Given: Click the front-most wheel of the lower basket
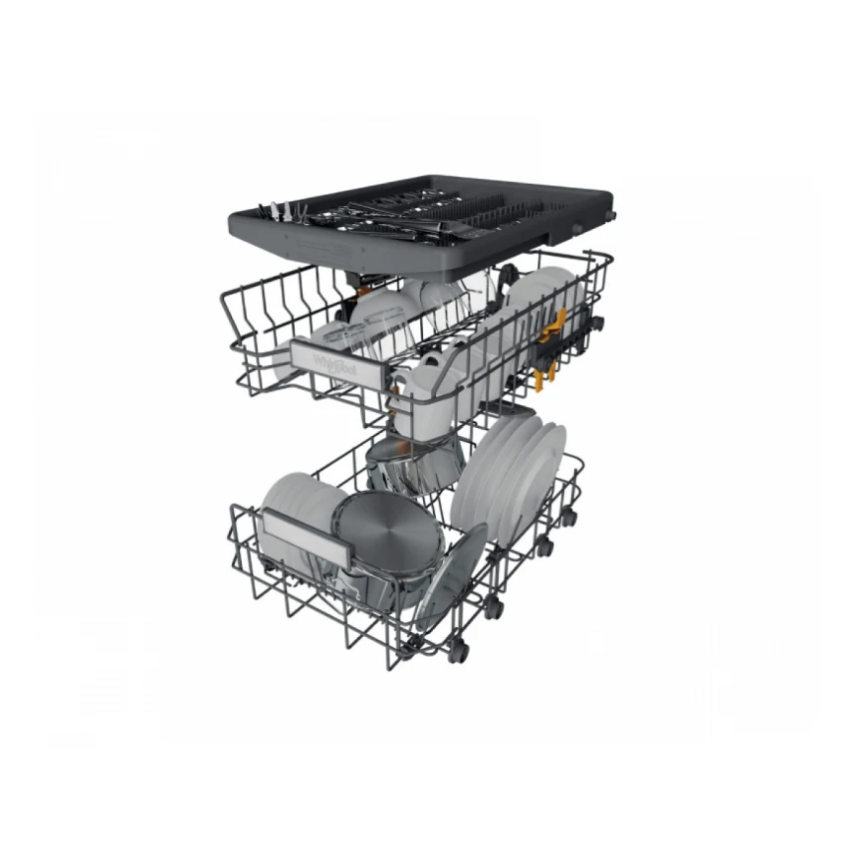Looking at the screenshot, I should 457,652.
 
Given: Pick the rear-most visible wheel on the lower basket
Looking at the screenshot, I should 567,517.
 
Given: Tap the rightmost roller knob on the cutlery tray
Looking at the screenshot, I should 609,215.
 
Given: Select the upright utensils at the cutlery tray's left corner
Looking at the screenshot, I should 272,210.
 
